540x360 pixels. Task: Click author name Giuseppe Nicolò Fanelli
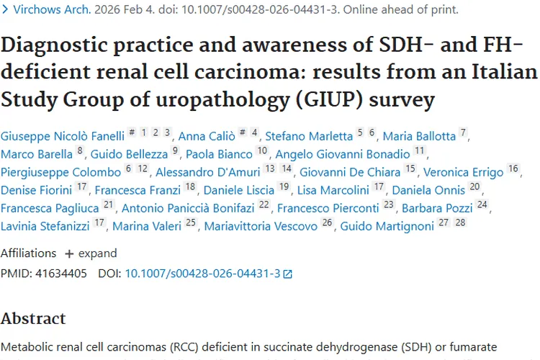(x=63, y=136)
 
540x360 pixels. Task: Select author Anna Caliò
(x=202, y=136)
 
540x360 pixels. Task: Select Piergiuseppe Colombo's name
(x=60, y=172)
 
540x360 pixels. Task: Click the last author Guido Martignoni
(x=387, y=226)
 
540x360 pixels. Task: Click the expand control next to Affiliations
(x=91, y=253)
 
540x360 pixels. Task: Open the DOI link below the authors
(x=202, y=274)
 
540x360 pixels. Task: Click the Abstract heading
(x=33, y=319)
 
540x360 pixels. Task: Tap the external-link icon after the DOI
(x=288, y=274)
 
